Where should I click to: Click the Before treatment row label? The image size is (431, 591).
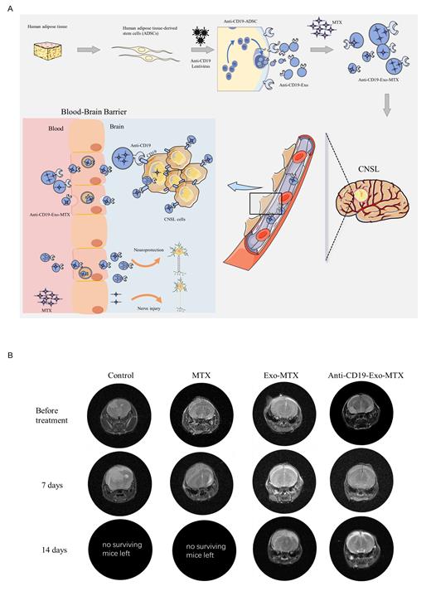click(52, 414)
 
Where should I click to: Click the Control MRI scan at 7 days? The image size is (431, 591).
click(122, 481)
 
